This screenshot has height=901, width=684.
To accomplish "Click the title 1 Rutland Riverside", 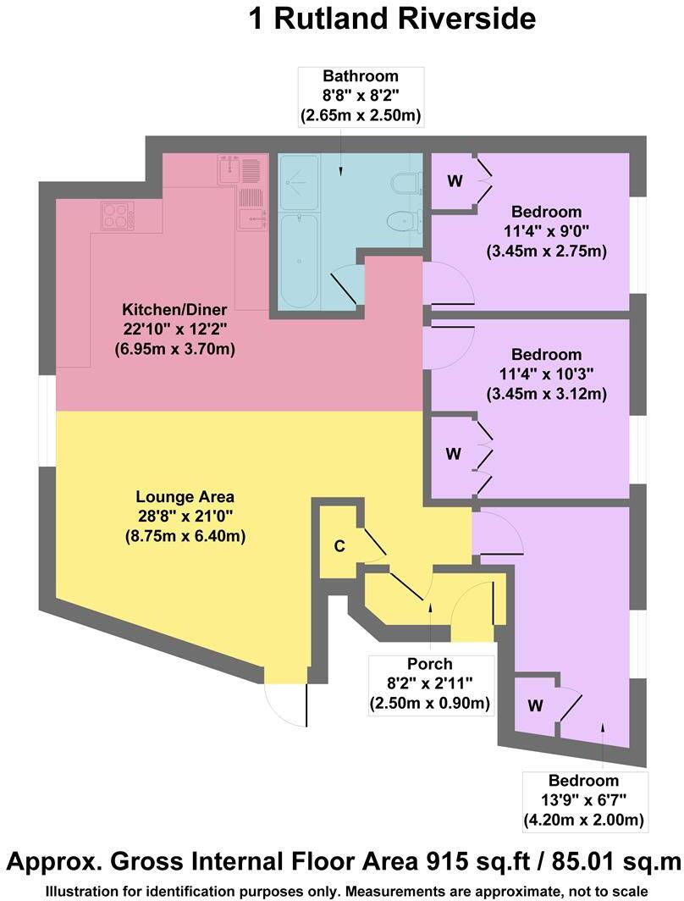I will [392, 19].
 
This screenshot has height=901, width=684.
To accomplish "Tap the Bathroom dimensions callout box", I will [361, 97].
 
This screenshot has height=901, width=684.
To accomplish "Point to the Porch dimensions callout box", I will [430, 684].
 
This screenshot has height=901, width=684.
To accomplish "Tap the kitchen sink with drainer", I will [239, 169].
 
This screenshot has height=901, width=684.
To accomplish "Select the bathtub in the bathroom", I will [298, 260].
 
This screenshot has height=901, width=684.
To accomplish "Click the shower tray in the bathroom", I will [299, 181].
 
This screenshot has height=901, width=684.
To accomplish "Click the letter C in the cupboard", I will [339, 546].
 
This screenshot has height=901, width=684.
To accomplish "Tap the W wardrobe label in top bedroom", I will [455, 180].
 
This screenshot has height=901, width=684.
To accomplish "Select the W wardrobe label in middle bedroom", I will [454, 454].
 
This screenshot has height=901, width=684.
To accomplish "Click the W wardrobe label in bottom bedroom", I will [535, 704].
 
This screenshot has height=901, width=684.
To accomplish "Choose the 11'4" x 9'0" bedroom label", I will [547, 231].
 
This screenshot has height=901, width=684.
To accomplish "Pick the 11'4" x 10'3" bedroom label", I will [547, 374].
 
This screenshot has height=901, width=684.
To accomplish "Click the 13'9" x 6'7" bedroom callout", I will [583, 800].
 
